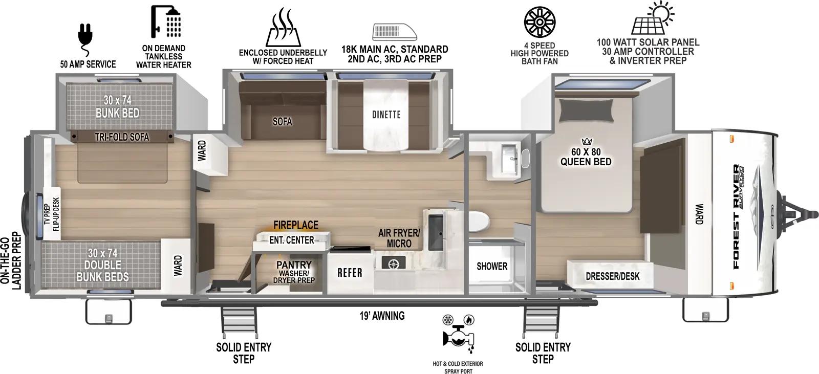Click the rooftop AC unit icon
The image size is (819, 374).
point(394,32)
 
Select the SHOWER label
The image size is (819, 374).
point(492,266)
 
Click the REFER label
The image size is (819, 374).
point(350,273)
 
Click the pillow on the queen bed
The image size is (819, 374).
point(586,109)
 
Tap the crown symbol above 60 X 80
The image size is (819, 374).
point(586,141)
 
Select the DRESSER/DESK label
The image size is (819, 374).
point(612,276)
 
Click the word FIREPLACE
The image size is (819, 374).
point(295,225)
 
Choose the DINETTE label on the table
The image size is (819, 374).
point(386,114)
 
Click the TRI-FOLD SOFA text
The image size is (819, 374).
point(122,137)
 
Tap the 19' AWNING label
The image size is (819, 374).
point(382,316)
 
